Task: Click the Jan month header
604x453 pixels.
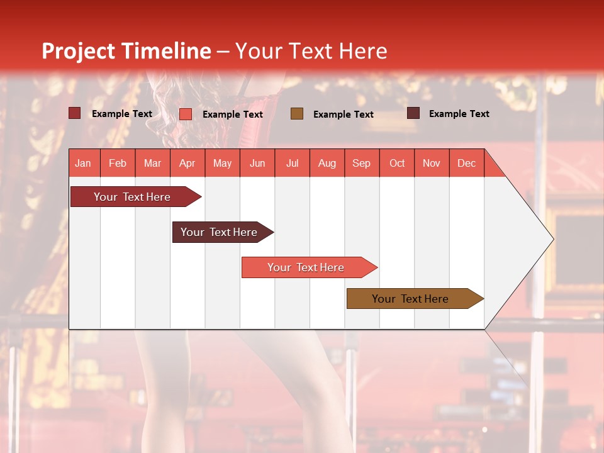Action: [83, 163]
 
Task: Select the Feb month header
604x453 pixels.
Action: [118, 163]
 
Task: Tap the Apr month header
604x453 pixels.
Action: [187, 163]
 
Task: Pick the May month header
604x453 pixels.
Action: [222, 163]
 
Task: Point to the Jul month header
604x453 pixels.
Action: [292, 163]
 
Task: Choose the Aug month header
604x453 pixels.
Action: [327, 163]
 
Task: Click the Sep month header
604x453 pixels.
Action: [361, 163]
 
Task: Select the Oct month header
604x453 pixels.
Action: [397, 163]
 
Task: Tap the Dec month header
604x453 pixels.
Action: [466, 163]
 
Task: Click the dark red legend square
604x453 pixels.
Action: [75, 113]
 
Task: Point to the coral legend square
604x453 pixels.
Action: [186, 114]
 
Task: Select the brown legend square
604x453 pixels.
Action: [297, 113]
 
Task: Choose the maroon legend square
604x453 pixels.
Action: [413, 113]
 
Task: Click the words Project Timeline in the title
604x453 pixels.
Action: [126, 51]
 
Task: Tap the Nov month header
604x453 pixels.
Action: [432, 163]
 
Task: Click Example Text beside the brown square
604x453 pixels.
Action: [344, 115]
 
